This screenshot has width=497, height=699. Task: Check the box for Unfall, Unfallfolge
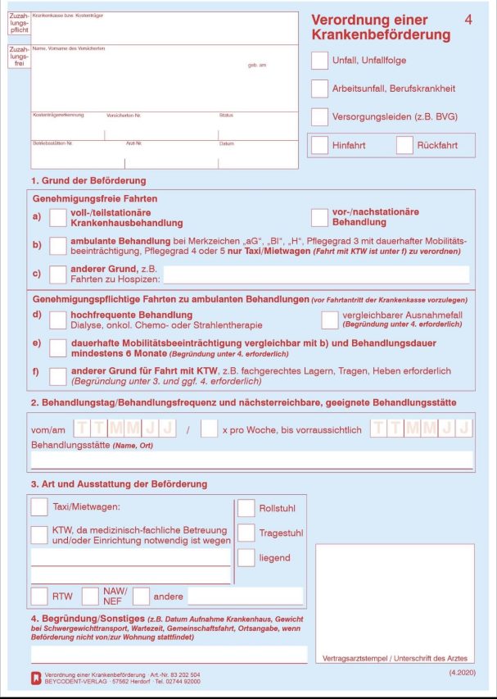320,60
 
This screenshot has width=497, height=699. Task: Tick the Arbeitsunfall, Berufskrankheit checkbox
320,89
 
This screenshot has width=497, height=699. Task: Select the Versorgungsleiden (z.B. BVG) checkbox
320,117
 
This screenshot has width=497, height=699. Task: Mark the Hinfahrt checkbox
320,145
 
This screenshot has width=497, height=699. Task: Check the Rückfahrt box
404,145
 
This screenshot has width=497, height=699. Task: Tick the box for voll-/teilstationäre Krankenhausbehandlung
58,217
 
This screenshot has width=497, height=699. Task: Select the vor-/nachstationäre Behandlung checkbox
320,217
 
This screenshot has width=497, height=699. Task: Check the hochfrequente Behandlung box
58,320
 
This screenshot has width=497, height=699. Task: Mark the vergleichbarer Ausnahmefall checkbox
329,320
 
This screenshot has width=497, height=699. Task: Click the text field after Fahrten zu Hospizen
316,274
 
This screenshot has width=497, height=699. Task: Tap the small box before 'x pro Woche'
209,429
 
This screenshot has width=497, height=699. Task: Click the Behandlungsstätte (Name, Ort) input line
251,460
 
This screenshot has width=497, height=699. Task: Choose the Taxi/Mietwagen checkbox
39,507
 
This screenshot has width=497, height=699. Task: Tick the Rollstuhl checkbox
246,509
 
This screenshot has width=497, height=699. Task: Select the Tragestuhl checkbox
246,533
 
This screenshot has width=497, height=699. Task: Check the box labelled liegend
246,558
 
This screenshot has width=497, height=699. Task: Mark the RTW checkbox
39,596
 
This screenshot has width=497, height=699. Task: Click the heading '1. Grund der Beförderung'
88,180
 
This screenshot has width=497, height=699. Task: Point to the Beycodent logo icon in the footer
34,678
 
